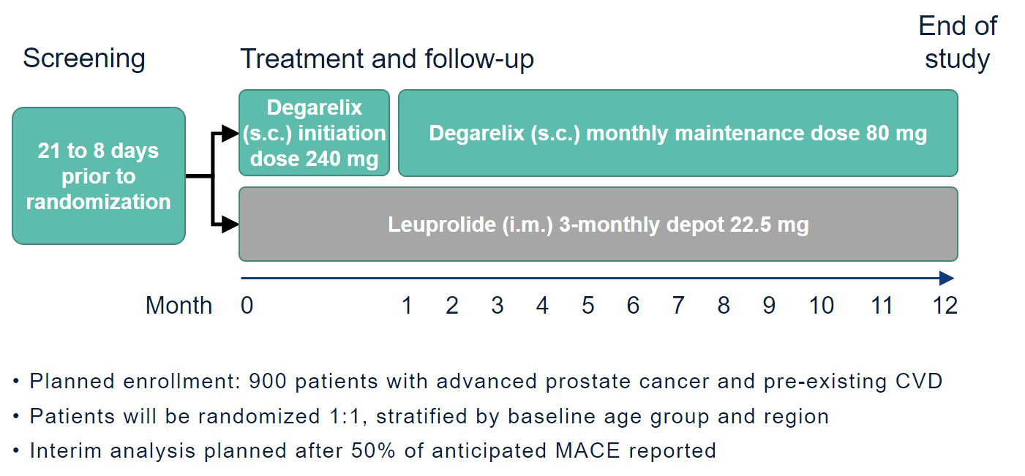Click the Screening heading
[84, 59]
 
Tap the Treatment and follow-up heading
[387, 59]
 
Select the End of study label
[958, 42]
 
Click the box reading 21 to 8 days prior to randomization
[99, 176]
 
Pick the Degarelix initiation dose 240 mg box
[315, 133]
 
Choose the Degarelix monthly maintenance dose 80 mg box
[678, 133]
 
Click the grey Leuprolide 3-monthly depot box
[598, 224]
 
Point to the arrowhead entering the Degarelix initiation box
[230, 134]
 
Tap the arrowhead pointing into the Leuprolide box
[230, 224]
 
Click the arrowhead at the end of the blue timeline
[947, 278]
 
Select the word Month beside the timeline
[179, 306]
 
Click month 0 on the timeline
[247, 306]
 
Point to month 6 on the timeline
[633, 306]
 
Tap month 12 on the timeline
[945, 306]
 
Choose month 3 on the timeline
[498, 306]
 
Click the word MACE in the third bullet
[587, 451]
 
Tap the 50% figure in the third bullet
[373, 451]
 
